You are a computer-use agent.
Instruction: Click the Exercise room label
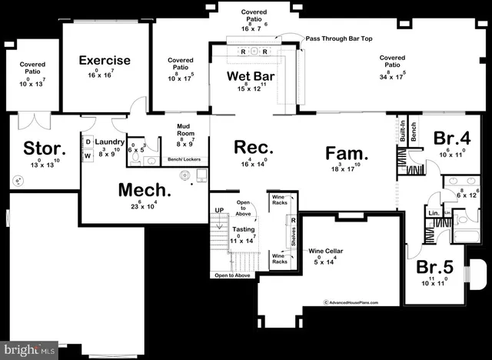[x=104, y=60]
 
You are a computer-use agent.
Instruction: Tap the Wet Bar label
[x=251, y=76]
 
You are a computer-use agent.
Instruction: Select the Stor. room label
[x=45, y=148]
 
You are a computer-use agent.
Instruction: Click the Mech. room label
[x=144, y=189]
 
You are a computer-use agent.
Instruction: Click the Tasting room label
[x=244, y=229]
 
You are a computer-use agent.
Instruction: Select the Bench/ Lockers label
[x=184, y=160]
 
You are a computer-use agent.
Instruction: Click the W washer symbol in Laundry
[x=88, y=155]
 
